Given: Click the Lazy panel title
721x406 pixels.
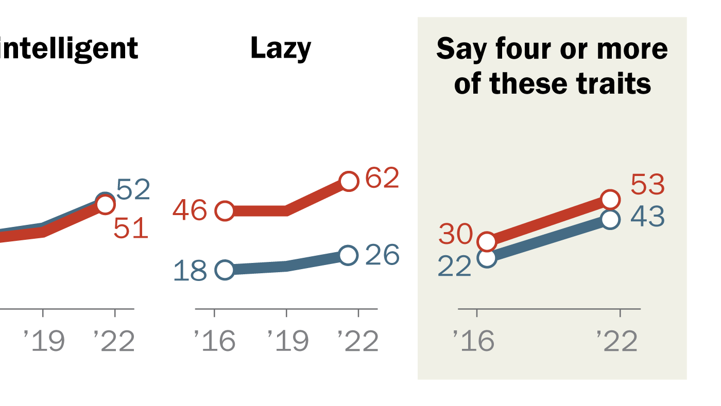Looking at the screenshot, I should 281,49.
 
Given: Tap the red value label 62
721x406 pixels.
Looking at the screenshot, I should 382,179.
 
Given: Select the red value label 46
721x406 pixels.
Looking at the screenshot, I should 190,210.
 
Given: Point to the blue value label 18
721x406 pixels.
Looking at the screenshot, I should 190,271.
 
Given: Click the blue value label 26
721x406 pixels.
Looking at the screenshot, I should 382,255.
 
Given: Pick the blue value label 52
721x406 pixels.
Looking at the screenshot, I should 133,190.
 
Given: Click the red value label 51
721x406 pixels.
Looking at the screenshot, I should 131,229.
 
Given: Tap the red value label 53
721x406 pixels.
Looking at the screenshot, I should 647,185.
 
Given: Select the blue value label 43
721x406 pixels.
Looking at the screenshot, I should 647,217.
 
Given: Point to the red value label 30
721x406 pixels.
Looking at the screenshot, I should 455,235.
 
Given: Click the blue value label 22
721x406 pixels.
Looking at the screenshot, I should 454,267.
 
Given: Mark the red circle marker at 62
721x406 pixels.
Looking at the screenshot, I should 349,182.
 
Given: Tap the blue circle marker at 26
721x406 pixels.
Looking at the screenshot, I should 349,255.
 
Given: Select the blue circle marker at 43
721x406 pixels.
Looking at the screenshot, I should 610,219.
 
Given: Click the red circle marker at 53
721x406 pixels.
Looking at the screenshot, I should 610,199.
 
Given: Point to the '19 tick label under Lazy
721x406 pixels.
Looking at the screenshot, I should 287,341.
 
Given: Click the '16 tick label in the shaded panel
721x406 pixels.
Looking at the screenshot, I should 473,341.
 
